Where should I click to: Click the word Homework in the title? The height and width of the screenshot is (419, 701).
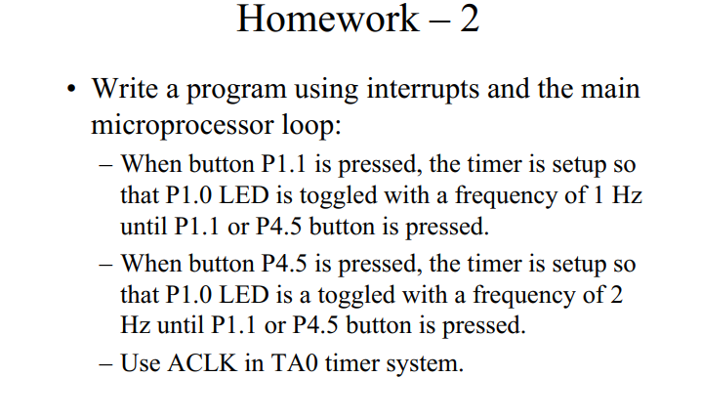point(328,19)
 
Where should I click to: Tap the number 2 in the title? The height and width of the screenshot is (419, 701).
point(470,20)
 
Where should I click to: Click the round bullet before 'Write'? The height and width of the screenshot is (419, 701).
point(71,88)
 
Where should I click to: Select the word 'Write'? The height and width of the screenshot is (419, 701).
point(124,88)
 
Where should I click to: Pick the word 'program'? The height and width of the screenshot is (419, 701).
point(236,90)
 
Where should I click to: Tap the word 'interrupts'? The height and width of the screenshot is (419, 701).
point(424,89)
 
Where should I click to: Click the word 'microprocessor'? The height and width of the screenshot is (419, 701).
point(183,126)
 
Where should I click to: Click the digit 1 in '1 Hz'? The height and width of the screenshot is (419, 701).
point(598,195)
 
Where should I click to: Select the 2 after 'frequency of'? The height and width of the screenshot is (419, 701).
point(616,295)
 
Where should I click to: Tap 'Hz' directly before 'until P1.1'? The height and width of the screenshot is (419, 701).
point(136,325)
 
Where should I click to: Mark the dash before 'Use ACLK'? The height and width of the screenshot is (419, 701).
point(106,363)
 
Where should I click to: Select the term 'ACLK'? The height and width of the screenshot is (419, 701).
point(202,362)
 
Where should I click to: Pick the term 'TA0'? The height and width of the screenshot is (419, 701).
point(294,362)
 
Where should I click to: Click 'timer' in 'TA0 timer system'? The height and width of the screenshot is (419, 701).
point(351,362)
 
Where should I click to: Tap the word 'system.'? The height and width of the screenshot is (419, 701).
point(425,364)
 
